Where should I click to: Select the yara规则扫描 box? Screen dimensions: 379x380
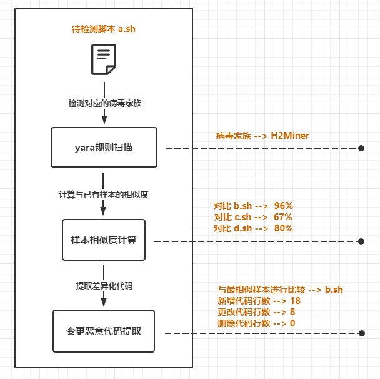pos(104,148)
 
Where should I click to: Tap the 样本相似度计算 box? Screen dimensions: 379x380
pos(104,240)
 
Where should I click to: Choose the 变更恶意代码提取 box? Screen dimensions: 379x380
pos(104,331)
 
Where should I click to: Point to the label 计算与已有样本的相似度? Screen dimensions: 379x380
pos(104,195)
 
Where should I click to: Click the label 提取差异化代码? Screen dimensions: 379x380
pos(104,286)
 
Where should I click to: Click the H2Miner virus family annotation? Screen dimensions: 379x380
pos(262,135)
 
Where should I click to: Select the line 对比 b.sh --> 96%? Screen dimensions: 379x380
pos(253,206)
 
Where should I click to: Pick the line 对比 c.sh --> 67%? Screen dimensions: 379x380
pos(253,217)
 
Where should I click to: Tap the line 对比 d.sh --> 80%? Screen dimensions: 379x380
pos(253,228)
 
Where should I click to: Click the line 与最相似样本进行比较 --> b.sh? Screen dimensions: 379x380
pos(280,290)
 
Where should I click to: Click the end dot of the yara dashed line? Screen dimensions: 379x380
pos(361,149)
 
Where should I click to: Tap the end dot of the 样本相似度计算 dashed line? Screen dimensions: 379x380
pos(361,241)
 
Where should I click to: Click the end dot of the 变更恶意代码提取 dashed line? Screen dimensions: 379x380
pos(361,332)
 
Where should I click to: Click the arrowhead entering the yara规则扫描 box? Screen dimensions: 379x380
pos(104,123)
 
